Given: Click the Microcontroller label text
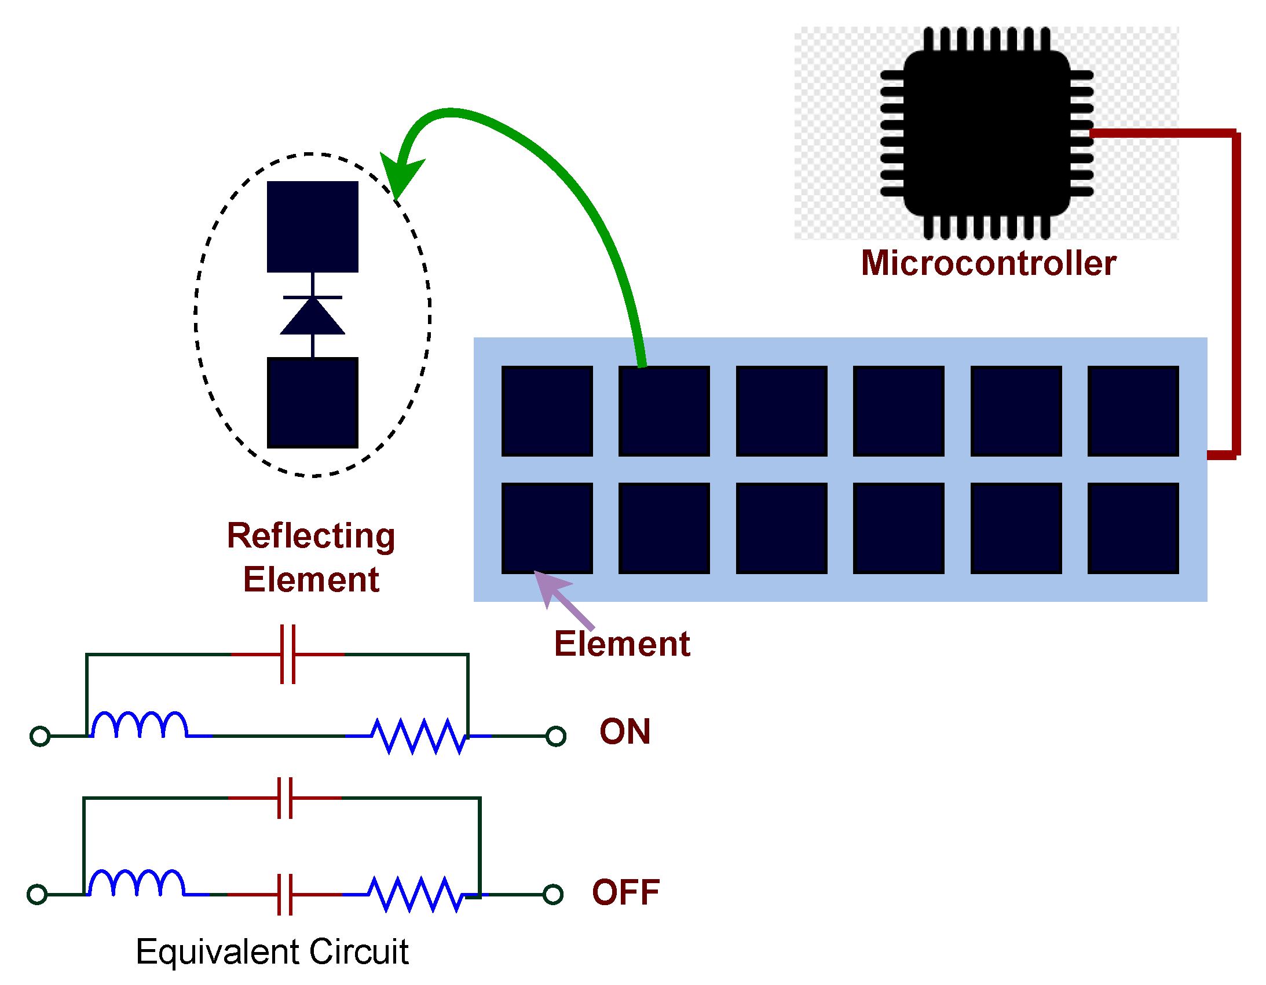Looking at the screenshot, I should (x=989, y=264).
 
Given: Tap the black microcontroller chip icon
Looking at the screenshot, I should (x=987, y=133).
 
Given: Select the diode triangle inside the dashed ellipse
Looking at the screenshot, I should (x=312, y=318).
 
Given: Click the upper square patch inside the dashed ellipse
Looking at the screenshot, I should (x=312, y=226).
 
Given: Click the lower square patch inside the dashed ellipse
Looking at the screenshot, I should (x=312, y=403).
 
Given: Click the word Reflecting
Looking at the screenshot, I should (x=310, y=536).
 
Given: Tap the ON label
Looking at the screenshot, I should (x=625, y=732).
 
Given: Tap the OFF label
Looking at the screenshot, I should (x=626, y=892).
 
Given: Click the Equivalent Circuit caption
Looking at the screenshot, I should (x=272, y=952).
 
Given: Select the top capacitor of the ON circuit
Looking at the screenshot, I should (x=288, y=654).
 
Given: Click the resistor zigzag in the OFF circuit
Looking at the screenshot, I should (x=415, y=894).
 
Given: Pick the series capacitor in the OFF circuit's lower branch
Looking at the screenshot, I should (x=284, y=895).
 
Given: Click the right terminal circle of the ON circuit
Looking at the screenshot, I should (x=556, y=736).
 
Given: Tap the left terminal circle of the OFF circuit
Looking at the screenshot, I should (x=37, y=894).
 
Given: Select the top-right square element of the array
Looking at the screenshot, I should (x=1133, y=411).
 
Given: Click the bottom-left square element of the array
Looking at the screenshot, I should (x=547, y=528).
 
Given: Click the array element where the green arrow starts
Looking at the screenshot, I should (x=664, y=411).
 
